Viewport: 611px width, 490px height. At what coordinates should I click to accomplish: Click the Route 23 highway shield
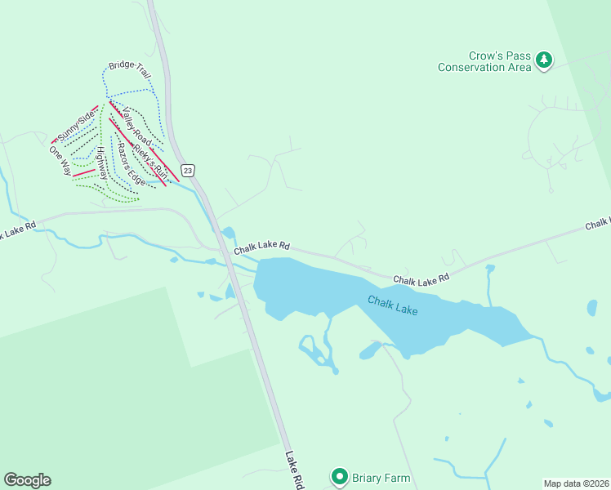[189, 170]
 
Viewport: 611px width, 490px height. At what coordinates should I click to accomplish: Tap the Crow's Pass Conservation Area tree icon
[544, 60]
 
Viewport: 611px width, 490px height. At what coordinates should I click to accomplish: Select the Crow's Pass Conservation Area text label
[484, 62]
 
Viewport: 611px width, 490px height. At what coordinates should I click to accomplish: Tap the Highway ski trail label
[101, 163]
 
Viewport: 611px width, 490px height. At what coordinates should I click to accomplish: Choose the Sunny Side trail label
[76, 127]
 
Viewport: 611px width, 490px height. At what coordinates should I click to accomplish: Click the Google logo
[27, 480]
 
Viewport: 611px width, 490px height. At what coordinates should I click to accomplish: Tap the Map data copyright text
[576, 483]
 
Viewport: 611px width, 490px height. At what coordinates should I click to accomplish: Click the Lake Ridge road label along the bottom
[295, 471]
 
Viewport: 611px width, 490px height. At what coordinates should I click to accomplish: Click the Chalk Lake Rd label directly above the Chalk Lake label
[421, 279]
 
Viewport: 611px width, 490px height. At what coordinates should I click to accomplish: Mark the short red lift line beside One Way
[83, 172]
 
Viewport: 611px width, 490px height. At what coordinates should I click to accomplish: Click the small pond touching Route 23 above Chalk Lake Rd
[229, 234]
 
